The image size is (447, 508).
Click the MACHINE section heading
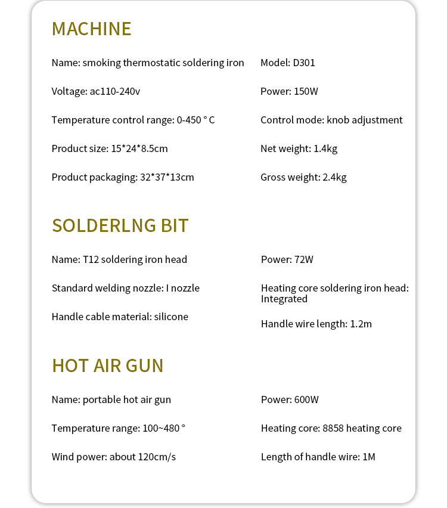tap(91, 29)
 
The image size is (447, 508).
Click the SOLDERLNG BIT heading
tap(120, 225)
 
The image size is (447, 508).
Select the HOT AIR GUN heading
tap(107, 365)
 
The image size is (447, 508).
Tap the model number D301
tap(303, 63)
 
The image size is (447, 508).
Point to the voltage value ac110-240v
tap(114, 91)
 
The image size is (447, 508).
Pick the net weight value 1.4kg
tap(325, 148)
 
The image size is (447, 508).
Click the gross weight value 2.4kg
tap(334, 177)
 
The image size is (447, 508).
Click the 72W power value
tap(303, 259)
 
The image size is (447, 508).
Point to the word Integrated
tap(284, 299)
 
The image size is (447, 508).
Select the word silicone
tap(171, 317)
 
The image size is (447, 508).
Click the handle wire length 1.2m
tap(361, 324)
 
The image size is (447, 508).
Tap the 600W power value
tap(306, 399)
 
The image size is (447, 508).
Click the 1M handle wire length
tap(368, 457)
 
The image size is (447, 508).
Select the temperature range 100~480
tap(160, 428)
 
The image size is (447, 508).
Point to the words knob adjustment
tap(365, 120)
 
